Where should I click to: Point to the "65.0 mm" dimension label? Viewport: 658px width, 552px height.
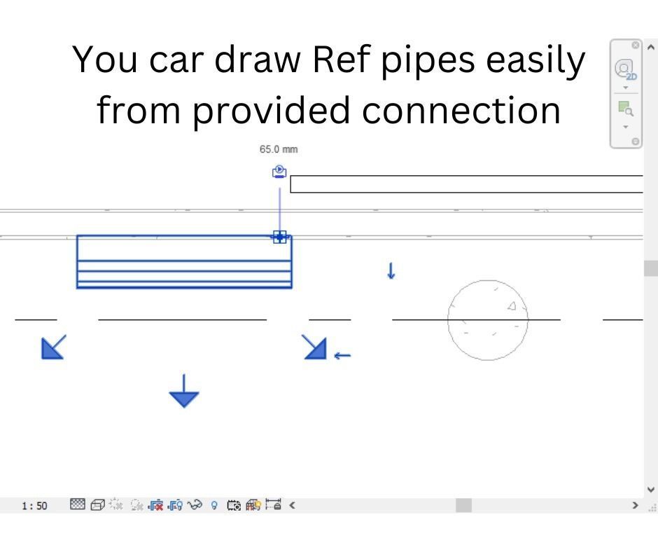click(279, 149)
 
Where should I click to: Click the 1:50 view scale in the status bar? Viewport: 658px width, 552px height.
click(35, 505)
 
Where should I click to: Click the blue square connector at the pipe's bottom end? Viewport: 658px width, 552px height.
click(279, 237)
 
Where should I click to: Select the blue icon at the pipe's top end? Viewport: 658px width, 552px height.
click(279, 172)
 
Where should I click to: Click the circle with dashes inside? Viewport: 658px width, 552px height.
click(487, 319)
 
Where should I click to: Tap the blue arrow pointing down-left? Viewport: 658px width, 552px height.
click(53, 346)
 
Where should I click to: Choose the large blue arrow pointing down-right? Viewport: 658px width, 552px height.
click(314, 346)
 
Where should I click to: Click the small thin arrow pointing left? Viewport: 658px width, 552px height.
click(342, 356)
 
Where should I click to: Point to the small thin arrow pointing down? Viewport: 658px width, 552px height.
click(391, 271)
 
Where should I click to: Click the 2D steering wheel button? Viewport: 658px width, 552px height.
click(625, 70)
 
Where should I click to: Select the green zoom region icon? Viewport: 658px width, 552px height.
click(625, 109)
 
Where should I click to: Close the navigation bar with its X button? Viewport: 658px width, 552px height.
click(635, 46)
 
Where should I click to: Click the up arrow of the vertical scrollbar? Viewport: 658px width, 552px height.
click(652, 47)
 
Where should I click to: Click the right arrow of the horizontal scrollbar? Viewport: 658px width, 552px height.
click(636, 504)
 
